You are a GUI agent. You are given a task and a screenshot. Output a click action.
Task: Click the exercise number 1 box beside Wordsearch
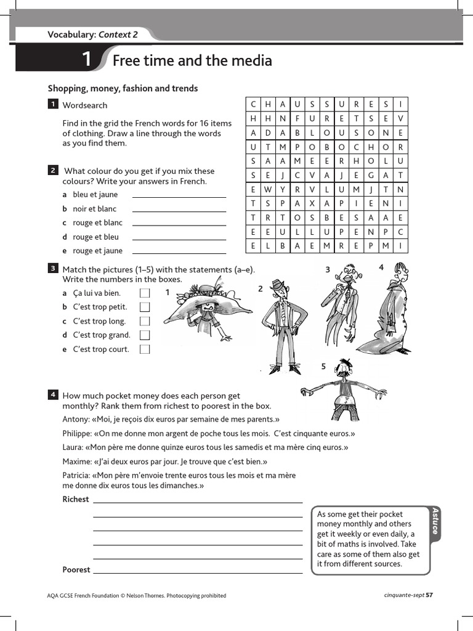tap(53, 105)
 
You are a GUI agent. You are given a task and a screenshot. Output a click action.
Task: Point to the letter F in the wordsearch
tap(297, 118)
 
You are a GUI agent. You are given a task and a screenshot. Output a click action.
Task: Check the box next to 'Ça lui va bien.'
tap(145, 293)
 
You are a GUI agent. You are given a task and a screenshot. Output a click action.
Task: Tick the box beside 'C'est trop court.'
tap(145, 349)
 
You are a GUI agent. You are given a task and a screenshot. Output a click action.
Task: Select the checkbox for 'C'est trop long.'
tap(145, 321)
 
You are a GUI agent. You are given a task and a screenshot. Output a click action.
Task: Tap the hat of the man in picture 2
tap(280, 285)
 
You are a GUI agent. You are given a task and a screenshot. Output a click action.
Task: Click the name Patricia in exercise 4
tap(76, 475)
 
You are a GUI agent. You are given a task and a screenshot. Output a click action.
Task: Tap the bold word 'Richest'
tap(76, 499)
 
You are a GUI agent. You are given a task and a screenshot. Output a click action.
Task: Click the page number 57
tap(429, 595)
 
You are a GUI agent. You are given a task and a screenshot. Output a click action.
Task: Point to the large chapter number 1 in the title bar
tap(87, 60)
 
